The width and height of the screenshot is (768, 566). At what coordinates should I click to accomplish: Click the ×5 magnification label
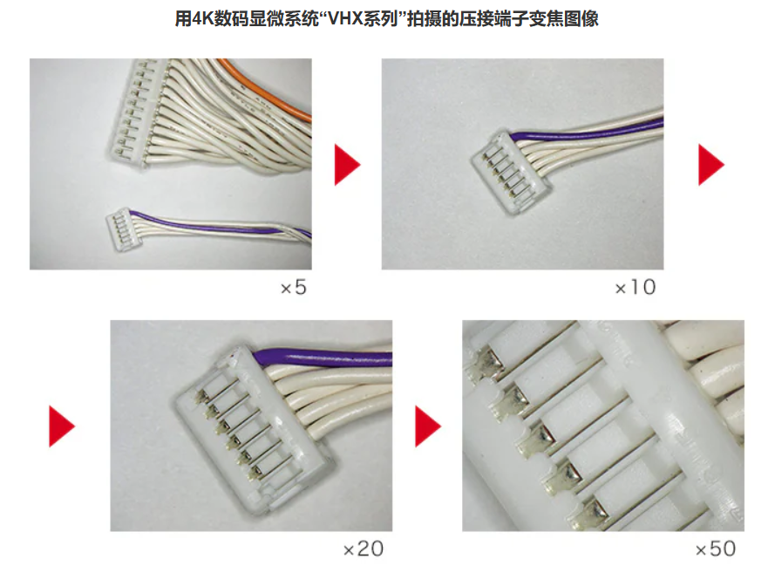coord(294,287)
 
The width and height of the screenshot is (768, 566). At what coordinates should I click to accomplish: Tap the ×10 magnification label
coord(635,287)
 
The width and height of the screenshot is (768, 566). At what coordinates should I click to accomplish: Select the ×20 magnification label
coord(364,549)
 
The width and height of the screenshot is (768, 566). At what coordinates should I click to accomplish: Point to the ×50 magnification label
coord(716,549)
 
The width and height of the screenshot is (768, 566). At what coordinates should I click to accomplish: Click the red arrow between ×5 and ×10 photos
coord(347,165)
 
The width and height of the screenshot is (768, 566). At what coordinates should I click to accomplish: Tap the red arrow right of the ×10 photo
coord(710,165)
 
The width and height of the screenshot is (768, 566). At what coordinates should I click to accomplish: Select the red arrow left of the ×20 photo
coord(61,426)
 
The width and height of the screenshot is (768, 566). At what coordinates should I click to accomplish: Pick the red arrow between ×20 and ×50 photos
coord(428,426)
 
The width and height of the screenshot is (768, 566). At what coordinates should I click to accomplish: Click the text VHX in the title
coord(345,19)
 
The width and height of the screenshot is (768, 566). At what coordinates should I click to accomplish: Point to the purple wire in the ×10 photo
coord(588,130)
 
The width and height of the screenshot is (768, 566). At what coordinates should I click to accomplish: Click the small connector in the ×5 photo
coord(125,229)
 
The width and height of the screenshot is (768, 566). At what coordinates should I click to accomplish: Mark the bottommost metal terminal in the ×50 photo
coord(590,515)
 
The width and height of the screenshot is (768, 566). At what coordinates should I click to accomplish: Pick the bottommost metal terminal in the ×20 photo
coord(255,474)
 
